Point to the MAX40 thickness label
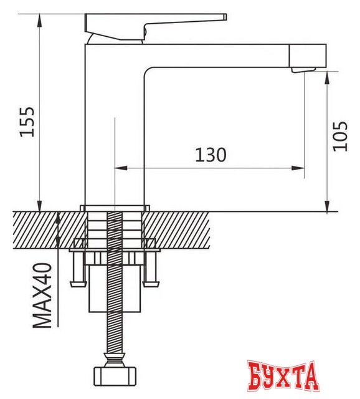pyautogui.click(x=42, y=294)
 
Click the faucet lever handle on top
pyautogui.click(x=156, y=21)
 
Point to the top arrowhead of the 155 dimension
pyautogui.click(x=40, y=17)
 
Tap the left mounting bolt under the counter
pyautogui.click(x=77, y=268)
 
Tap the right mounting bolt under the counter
pyautogui.click(x=150, y=268)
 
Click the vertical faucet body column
pyautogui.click(x=114, y=125)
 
